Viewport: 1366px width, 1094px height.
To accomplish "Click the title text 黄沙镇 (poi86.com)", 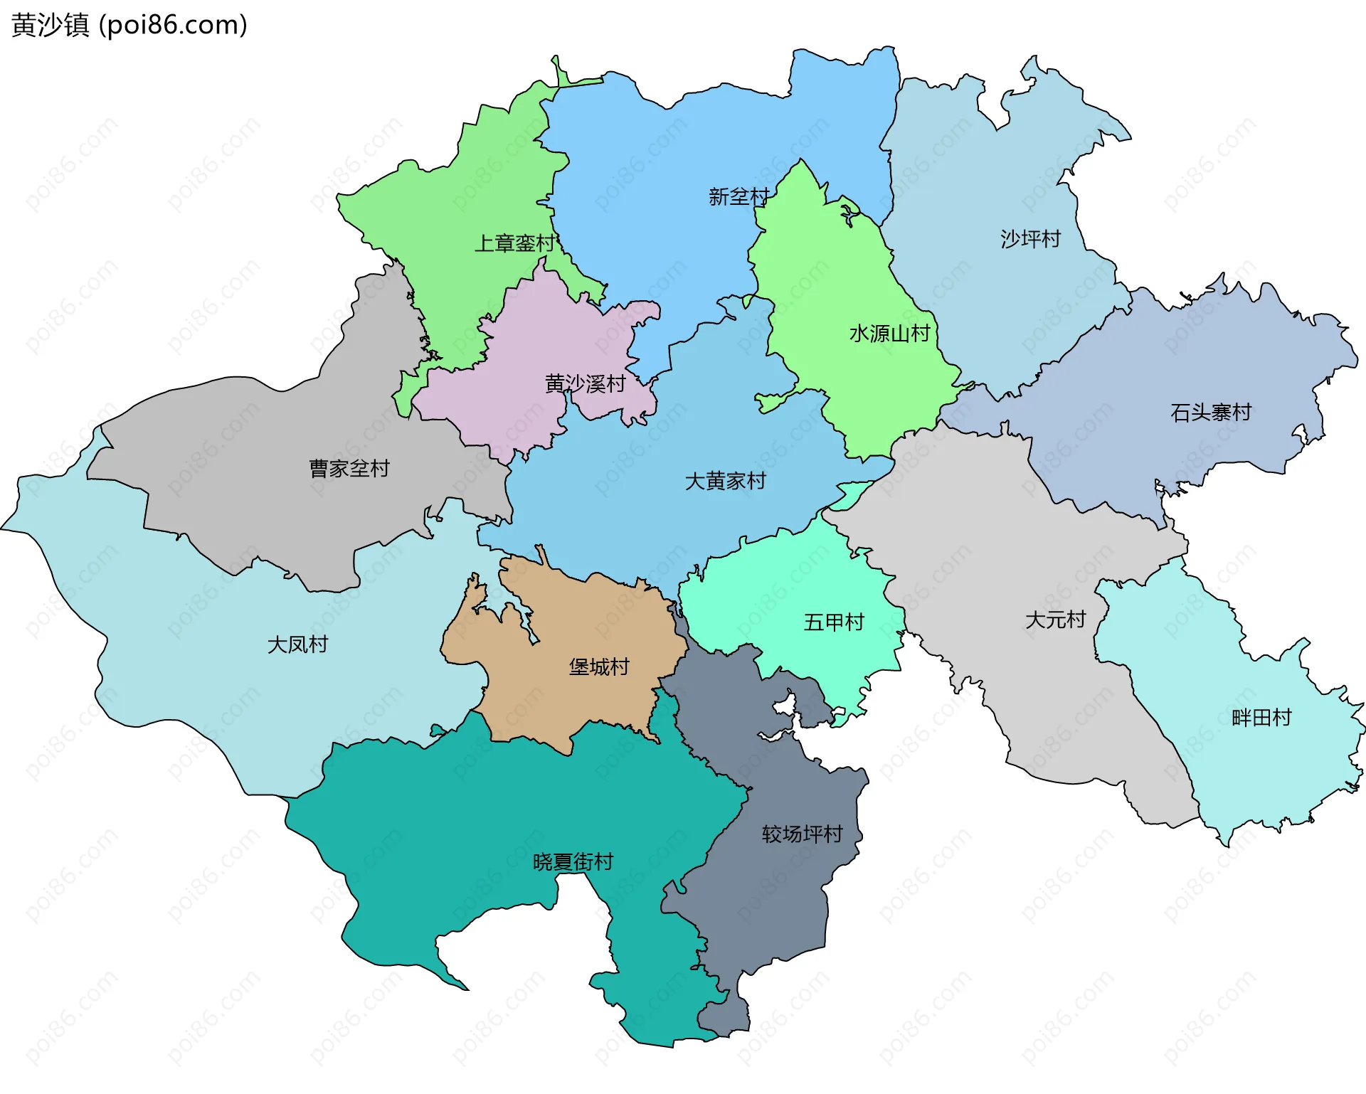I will coord(129,25).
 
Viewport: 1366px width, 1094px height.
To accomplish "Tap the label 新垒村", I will coord(738,197).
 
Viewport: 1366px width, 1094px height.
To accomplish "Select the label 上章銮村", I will coord(514,243).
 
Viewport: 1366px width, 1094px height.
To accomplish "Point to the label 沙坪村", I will coord(1030,239).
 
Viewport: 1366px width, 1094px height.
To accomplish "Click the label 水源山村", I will coord(889,334).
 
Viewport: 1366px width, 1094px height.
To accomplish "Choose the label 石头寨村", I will coord(1210,413).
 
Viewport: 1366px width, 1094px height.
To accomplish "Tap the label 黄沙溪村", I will coord(585,384).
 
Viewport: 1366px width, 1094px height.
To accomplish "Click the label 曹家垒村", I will coord(349,469).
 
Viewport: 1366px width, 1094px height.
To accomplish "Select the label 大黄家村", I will coord(725,482).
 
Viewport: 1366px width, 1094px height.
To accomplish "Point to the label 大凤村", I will coord(297,644).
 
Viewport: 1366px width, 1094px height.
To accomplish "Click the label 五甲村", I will coord(833,623).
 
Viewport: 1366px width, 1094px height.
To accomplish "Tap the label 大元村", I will coord(1055,620).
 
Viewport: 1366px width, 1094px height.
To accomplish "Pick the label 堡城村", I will coord(599,667).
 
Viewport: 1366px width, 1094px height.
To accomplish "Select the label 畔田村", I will coord(1261,718).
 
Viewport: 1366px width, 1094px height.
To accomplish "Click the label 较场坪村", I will coord(802,834).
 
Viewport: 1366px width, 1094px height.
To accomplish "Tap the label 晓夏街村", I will coord(573,862).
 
